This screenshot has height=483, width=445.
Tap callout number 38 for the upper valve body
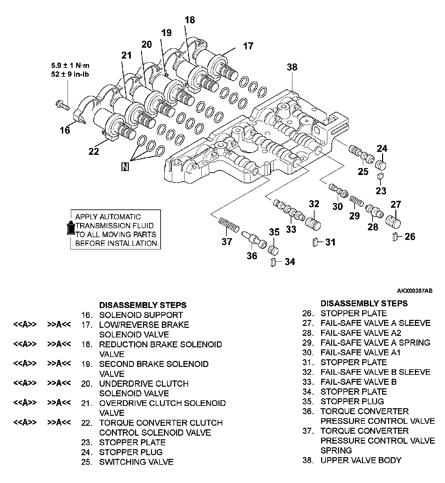[x=292, y=67]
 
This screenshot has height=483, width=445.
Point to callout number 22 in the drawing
[x=94, y=152]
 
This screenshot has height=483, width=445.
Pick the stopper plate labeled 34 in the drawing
[x=273, y=262]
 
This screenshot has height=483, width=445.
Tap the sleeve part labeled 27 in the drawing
[x=394, y=221]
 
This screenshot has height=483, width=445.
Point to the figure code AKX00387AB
[x=415, y=291]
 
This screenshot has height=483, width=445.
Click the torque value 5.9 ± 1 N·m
[x=70, y=66]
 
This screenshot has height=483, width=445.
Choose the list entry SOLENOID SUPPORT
[x=141, y=315]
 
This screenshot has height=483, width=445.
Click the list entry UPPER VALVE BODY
[x=361, y=460]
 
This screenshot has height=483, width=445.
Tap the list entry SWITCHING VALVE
[x=136, y=462]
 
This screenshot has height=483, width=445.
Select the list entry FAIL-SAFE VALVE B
[x=358, y=382]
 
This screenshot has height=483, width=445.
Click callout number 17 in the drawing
[x=248, y=46]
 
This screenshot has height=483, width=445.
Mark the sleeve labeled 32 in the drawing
[x=313, y=224]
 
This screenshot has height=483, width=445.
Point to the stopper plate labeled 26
[x=395, y=237]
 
